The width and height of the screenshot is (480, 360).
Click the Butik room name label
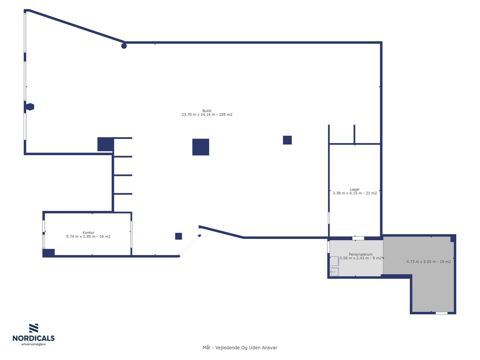(207, 111)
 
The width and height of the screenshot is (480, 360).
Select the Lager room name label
(355, 190)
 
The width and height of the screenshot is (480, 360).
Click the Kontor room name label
(88, 232)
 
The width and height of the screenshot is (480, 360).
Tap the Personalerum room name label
(360, 254)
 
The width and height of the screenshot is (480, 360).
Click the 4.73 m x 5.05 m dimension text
(421, 262)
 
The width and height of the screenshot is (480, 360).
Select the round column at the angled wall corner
(124, 46)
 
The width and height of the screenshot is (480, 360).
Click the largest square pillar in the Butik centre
(201, 147)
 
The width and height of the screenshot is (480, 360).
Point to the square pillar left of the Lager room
(287, 140)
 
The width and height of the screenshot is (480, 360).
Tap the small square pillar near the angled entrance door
(178, 236)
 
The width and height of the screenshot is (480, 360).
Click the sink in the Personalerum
(334, 272)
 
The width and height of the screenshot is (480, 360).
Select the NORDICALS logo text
(34, 338)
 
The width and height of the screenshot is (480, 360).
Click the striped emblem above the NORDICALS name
(34, 328)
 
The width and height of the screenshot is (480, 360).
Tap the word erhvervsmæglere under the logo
(34, 344)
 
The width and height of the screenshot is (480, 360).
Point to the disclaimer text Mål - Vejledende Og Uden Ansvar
(240, 348)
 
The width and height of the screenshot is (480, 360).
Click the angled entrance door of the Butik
(189, 245)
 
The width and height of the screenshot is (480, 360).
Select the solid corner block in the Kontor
(49, 253)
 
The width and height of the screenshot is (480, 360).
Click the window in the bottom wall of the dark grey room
(442, 313)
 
